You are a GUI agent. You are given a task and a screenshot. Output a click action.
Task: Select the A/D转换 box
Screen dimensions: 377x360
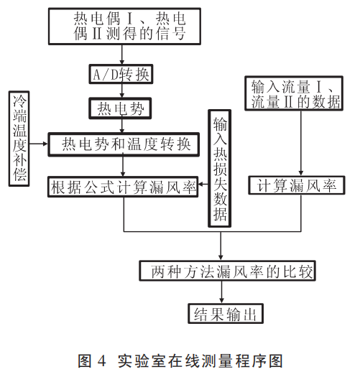[x=124, y=75]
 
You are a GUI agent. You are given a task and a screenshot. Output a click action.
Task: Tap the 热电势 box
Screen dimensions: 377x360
[x=124, y=109]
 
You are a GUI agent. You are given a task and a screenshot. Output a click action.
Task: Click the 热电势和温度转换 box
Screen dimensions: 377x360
[x=124, y=144]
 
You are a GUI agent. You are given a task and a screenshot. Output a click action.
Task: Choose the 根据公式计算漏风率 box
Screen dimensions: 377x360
[x=124, y=187]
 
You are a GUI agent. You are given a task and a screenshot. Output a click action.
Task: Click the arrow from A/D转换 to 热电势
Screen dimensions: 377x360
[x=124, y=92]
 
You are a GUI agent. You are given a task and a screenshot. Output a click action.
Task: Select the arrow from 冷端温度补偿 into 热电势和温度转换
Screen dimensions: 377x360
[x=41, y=144]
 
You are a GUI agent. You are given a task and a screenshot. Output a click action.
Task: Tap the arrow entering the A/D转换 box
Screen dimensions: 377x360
[x=124, y=55]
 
